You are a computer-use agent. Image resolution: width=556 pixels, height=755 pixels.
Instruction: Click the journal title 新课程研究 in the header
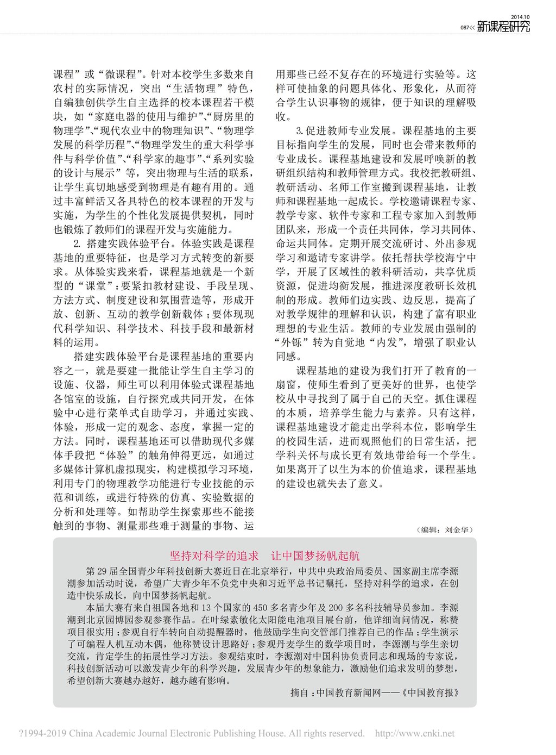click(x=503, y=27)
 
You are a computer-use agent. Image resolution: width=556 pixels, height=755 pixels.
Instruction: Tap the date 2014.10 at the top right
click(x=521, y=17)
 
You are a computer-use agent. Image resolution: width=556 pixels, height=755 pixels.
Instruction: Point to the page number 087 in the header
click(x=464, y=28)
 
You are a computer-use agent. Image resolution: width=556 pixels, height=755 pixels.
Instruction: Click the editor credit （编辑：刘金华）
click(x=447, y=529)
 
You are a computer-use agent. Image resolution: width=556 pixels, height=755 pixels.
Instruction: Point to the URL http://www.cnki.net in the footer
click(x=415, y=733)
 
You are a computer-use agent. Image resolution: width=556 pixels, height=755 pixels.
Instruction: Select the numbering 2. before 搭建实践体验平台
click(x=77, y=244)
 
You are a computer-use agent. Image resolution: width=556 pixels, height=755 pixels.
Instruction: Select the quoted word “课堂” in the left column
click(x=97, y=286)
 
